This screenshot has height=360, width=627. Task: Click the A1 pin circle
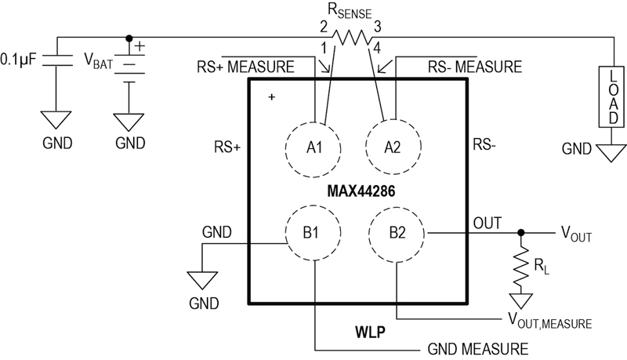313,147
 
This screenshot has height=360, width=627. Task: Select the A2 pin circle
396,147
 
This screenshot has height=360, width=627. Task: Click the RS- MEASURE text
474,67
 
